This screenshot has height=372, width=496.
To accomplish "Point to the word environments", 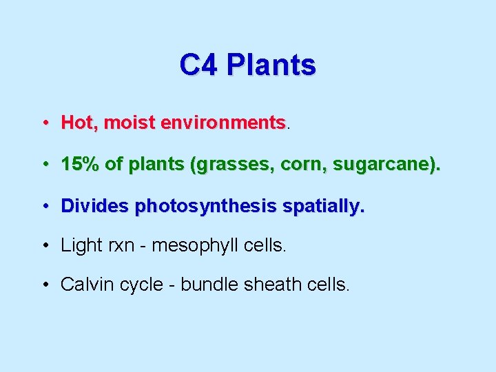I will pos(223,123).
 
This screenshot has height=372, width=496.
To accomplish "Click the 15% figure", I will pos(81,165).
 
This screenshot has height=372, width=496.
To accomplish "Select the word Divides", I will pos(95,206).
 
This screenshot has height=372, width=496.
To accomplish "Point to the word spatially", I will pos(327,207).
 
